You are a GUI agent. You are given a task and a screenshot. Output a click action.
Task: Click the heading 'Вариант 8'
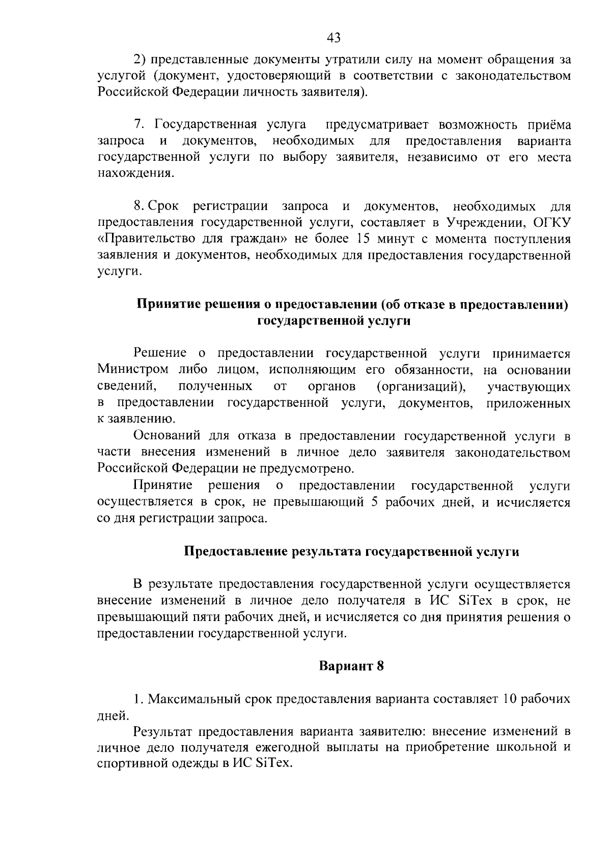pyautogui.click(x=351, y=666)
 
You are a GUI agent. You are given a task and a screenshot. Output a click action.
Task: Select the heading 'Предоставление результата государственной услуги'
pyautogui.click(x=351, y=552)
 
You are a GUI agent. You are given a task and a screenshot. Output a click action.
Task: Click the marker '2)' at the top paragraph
pyautogui.click(x=140, y=60)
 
